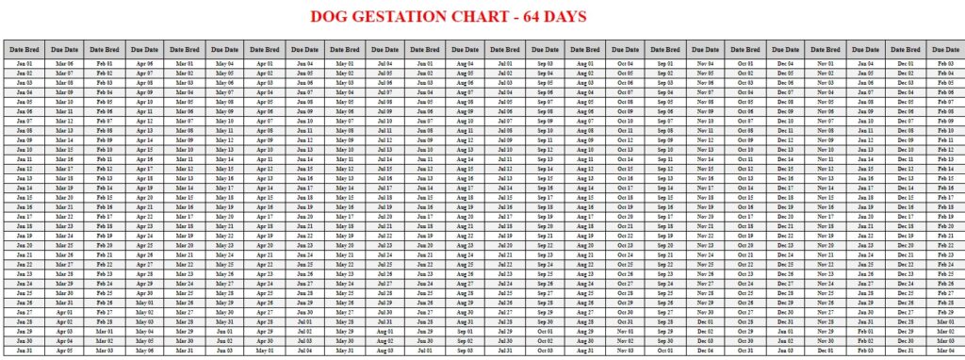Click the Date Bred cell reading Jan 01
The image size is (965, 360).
[x=24, y=63]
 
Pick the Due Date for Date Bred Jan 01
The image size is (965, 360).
[x=63, y=63]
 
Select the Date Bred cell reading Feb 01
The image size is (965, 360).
[x=104, y=63]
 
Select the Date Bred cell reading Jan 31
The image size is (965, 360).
[x=24, y=350]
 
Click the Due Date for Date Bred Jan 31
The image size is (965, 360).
[x=63, y=350]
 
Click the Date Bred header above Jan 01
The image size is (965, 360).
[x=24, y=49]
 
